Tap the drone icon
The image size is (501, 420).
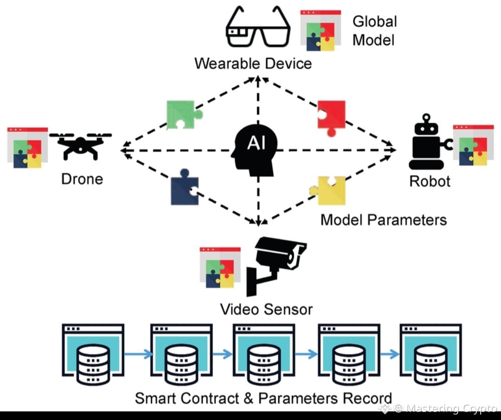(81, 144)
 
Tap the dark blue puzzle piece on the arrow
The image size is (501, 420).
(184, 190)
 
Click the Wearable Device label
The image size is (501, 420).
(253, 63)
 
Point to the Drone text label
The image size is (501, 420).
(82, 179)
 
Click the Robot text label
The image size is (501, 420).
(430, 181)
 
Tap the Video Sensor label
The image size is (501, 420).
(266, 309)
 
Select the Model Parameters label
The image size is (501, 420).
(384, 219)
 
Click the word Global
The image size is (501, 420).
(375, 21)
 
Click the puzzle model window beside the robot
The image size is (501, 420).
(473, 145)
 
